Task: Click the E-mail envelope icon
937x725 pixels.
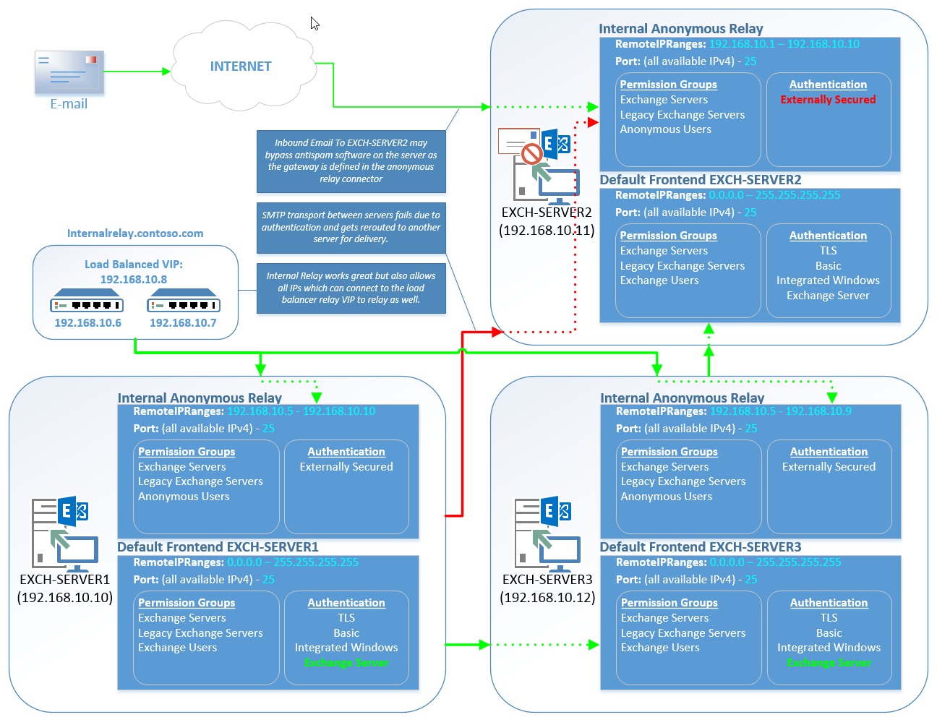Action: point(69,72)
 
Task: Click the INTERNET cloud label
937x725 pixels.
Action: point(241,67)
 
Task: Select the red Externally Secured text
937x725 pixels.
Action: point(828,100)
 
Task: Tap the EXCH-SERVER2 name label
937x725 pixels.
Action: point(547,213)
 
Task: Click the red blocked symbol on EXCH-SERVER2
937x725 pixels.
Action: point(532,153)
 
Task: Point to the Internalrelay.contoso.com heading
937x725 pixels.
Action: point(135,233)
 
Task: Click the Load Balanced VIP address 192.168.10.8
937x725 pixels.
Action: point(134,279)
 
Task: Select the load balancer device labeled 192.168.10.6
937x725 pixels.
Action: point(87,305)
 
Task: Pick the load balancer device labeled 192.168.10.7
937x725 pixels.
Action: point(183,305)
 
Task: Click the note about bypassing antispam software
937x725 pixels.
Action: point(351,161)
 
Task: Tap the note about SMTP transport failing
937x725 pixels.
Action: point(351,227)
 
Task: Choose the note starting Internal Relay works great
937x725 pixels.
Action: point(351,288)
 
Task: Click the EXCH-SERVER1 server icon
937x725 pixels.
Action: point(64,532)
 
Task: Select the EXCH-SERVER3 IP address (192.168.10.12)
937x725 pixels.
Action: point(547,598)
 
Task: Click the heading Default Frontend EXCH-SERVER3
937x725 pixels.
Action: point(700,547)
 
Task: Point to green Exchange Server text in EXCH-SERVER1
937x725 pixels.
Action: point(346,663)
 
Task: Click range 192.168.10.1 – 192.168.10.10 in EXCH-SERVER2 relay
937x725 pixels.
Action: point(784,44)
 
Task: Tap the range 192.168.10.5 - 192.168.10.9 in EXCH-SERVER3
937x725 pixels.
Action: point(780,411)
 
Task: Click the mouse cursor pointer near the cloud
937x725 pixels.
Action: point(315,23)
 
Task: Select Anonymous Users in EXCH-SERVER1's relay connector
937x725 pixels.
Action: point(184,497)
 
